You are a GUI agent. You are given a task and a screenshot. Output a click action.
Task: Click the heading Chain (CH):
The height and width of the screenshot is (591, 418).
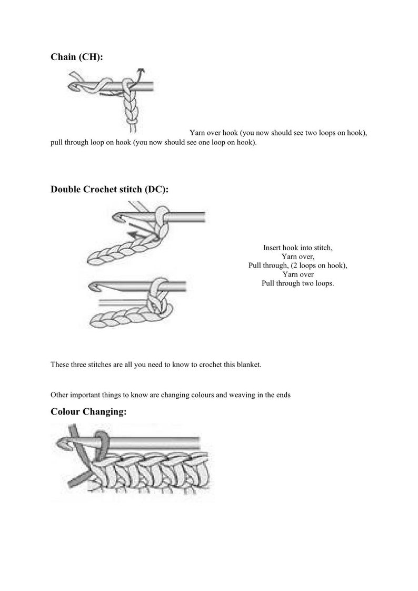77,57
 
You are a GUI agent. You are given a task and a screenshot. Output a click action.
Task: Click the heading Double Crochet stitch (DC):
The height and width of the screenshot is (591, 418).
110,190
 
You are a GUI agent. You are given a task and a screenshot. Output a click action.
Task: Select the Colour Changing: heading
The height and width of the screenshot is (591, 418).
88,411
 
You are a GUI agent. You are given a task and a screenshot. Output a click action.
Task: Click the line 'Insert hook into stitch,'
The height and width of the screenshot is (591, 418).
297,248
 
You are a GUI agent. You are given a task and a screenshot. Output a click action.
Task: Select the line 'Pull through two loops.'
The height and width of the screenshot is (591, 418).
297,283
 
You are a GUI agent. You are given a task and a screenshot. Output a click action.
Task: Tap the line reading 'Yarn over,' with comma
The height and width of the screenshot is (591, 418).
297,257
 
